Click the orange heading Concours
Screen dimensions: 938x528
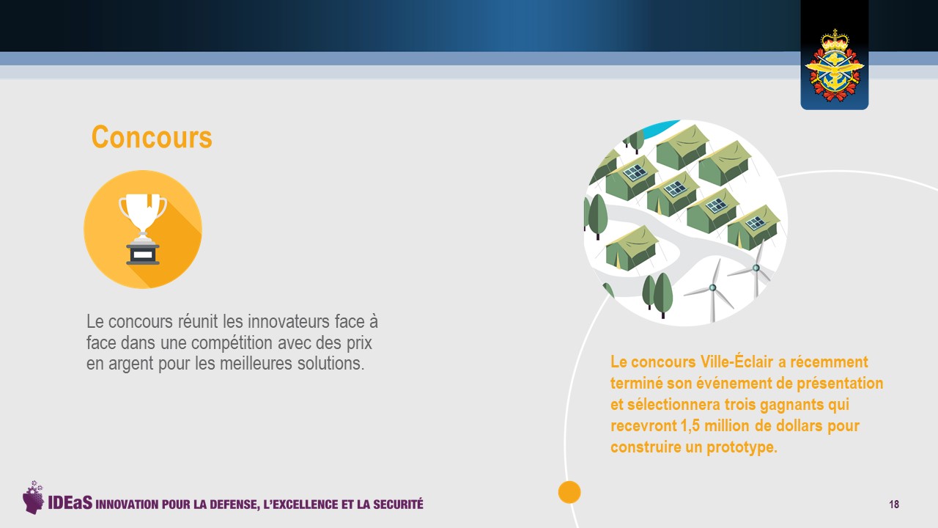click(152, 137)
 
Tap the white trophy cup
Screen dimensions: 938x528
click(143, 214)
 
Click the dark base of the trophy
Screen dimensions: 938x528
click(143, 253)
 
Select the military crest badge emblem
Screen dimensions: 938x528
click(835, 66)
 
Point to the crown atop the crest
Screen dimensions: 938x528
click(835, 40)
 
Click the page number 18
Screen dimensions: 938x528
click(894, 504)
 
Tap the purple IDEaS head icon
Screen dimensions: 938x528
click(33, 497)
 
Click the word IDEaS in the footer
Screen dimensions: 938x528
click(70, 503)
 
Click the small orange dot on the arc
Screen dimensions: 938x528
click(569, 492)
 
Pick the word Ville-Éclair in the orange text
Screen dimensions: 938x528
click(736, 362)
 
